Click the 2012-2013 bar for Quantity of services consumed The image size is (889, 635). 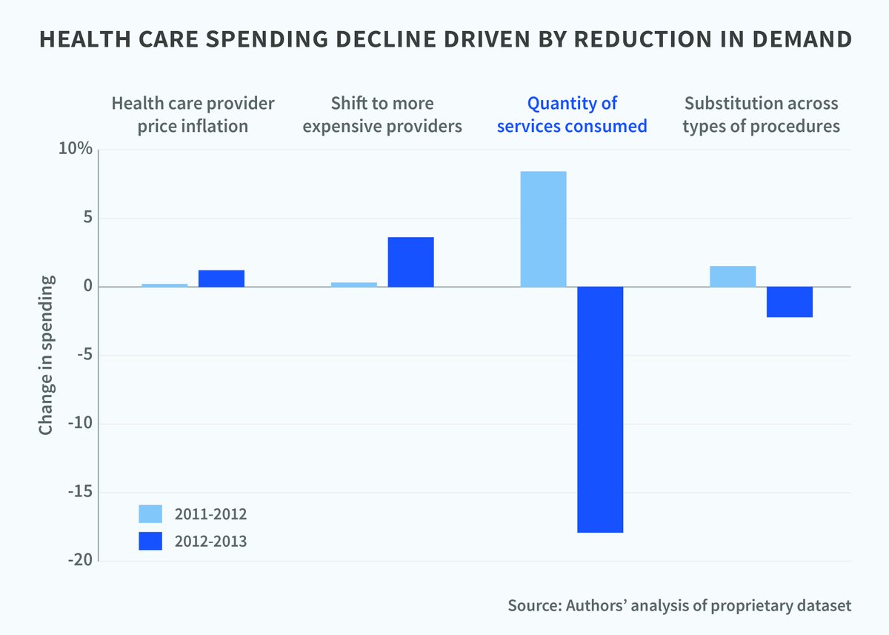(x=600, y=409)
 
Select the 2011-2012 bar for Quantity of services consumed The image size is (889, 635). (x=543, y=229)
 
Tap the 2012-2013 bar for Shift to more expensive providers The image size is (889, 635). (x=410, y=262)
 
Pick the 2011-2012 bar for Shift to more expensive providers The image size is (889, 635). (x=354, y=285)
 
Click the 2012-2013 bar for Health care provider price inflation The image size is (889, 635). (x=221, y=279)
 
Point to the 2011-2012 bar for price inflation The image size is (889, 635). (x=164, y=285)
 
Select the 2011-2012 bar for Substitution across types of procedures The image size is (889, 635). (x=733, y=276)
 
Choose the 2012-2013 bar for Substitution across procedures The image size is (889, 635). (x=790, y=302)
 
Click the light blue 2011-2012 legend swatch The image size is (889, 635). (x=150, y=514)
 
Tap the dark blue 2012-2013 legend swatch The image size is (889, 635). (x=150, y=542)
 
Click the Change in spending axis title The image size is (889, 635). (x=46, y=355)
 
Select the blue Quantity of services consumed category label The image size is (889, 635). (x=572, y=115)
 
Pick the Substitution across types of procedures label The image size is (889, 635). (x=762, y=115)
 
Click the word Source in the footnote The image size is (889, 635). (x=533, y=605)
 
